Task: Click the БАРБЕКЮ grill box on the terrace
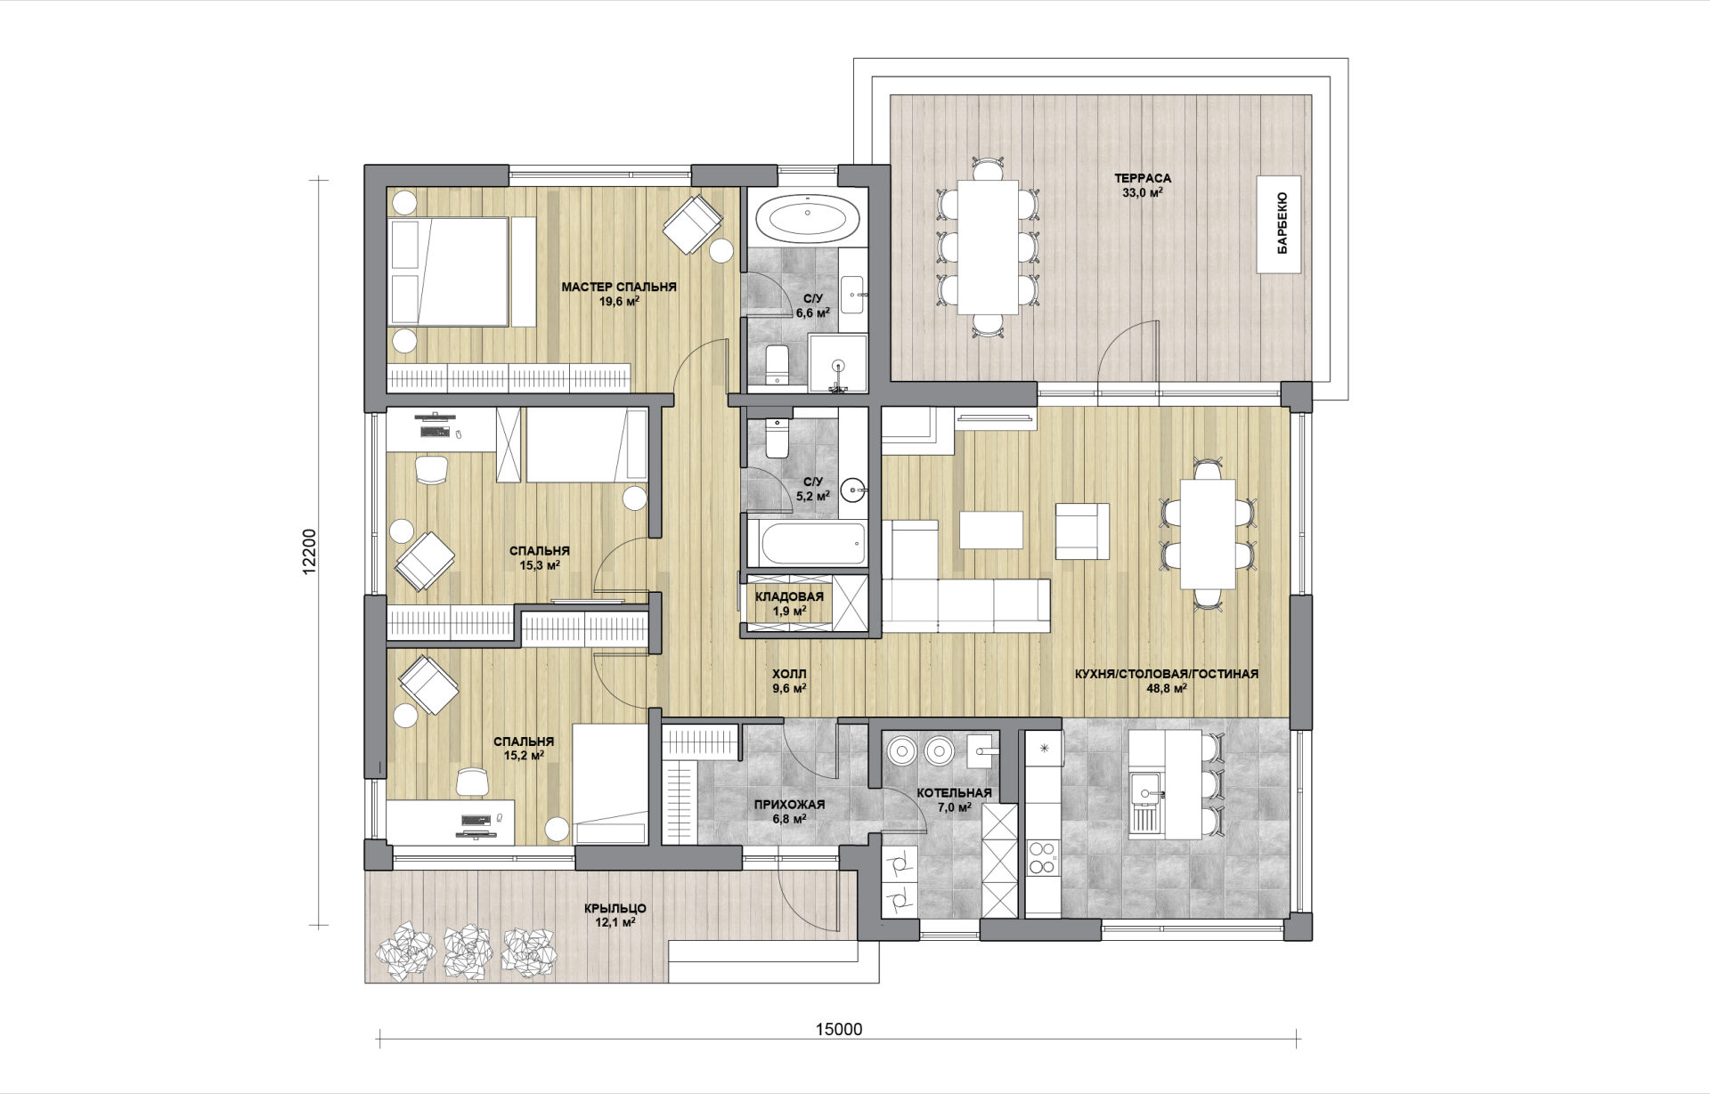(x=1279, y=223)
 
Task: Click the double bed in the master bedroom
(x=462, y=271)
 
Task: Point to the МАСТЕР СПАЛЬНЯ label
(x=619, y=287)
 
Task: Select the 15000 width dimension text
(x=839, y=1029)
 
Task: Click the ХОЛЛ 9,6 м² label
(x=789, y=681)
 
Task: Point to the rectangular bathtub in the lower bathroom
(x=806, y=543)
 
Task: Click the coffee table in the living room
(x=992, y=530)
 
